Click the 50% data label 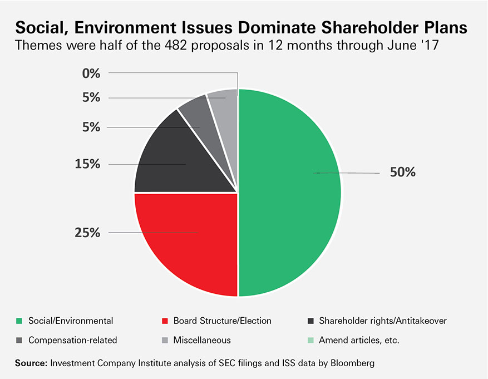click(402, 173)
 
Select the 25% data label click(87, 233)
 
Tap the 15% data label click(87, 164)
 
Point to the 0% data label click(91, 73)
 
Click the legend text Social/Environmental click(71, 321)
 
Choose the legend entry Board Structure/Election click(222, 321)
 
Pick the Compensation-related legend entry click(72, 339)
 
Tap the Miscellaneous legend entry click(201, 339)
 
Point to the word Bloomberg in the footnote click(351, 363)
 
